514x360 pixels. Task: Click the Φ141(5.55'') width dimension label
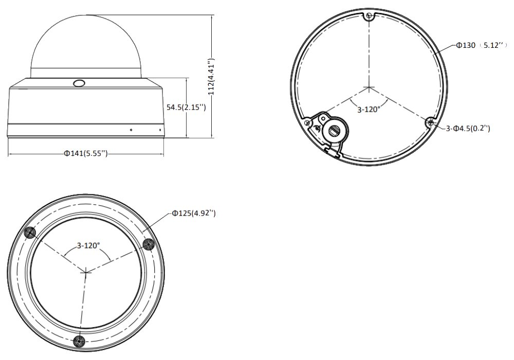point(85,153)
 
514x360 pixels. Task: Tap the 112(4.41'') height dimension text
point(211,77)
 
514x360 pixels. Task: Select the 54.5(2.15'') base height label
point(186,107)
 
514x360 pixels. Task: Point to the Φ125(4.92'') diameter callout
point(194,213)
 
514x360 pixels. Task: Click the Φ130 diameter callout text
point(466,45)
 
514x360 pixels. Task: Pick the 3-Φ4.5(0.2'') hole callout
point(468,128)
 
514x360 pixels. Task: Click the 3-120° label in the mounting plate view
point(369,109)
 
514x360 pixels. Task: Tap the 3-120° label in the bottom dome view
point(88,245)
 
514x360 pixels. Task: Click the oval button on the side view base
point(79,83)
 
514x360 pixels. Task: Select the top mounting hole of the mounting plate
point(369,15)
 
